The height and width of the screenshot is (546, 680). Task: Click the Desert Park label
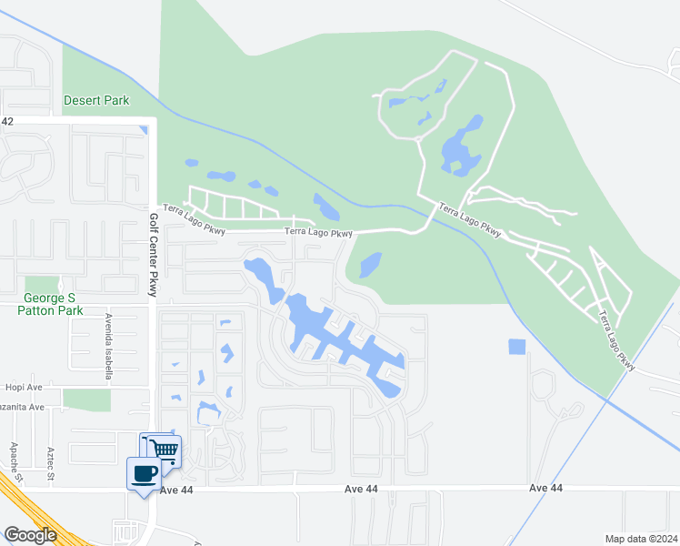pos(96,100)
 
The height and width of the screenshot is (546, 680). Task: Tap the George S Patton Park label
pos(50,304)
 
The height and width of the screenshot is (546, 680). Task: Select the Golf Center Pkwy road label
pos(153,254)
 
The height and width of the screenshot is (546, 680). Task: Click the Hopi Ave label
pos(25,386)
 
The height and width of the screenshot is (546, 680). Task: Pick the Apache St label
pos(15,462)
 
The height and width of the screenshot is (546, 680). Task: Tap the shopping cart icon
pos(165,449)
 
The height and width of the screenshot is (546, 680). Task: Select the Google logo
pos(30,535)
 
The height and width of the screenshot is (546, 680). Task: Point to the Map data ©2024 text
pos(640,539)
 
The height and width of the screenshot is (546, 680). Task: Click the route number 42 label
pos(7,121)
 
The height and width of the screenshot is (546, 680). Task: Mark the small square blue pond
pos(516,347)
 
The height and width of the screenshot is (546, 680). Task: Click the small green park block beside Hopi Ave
pos(86,399)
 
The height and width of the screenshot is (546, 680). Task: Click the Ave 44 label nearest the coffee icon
pos(177,490)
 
